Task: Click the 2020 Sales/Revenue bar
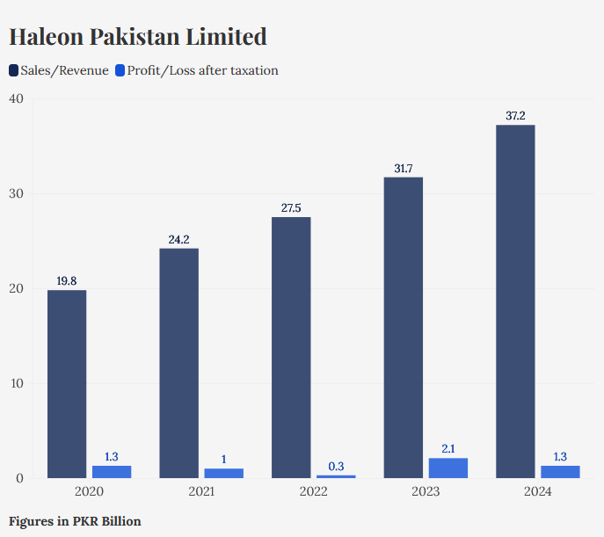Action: pyautogui.click(x=67, y=384)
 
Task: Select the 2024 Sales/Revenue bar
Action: pyautogui.click(x=515, y=301)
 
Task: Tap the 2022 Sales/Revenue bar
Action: pyautogui.click(x=291, y=347)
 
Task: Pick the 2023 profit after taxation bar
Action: pyautogui.click(x=448, y=468)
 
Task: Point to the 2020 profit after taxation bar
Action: pyautogui.click(x=112, y=472)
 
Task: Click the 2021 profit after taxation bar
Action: pyautogui.click(x=223, y=474)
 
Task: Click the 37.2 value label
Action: pyautogui.click(x=515, y=115)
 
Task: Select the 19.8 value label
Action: pyautogui.click(x=67, y=280)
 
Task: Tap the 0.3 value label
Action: pyautogui.click(x=336, y=466)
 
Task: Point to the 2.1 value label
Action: pyautogui.click(x=448, y=448)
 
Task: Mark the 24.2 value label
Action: pyautogui.click(x=178, y=239)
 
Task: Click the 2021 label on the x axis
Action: pyautogui.click(x=201, y=492)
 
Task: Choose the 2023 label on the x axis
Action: pyautogui.click(x=426, y=492)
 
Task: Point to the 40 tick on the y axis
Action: pyautogui.click(x=16, y=98)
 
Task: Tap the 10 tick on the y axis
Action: pyautogui.click(x=16, y=383)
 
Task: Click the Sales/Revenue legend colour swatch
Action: pyautogui.click(x=14, y=70)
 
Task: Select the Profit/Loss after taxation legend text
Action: pyautogui.click(x=202, y=70)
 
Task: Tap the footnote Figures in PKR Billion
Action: pyautogui.click(x=75, y=521)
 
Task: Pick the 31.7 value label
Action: pyautogui.click(x=404, y=168)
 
